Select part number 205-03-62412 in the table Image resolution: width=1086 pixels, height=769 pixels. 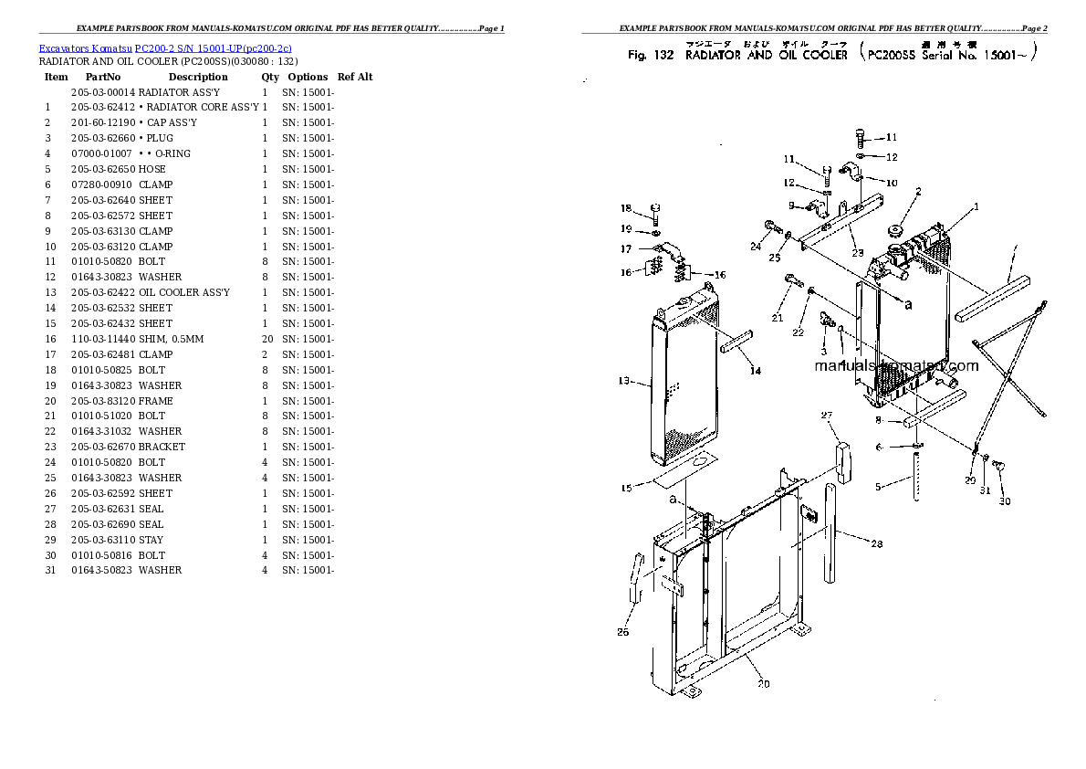point(102,108)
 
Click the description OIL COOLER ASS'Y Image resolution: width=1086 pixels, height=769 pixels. point(183,292)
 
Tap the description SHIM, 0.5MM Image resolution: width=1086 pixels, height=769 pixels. point(171,339)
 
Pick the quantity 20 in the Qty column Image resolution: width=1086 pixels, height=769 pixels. point(267,339)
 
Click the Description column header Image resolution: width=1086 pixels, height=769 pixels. point(197,78)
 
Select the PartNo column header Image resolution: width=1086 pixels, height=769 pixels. point(103,78)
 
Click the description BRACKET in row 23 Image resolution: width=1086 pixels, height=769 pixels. point(162,447)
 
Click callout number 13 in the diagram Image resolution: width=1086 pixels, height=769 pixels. point(624,381)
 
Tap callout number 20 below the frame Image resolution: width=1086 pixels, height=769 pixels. point(762,684)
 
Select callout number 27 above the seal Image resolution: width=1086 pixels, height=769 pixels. point(827,416)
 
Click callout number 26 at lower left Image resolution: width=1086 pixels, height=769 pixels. point(622,631)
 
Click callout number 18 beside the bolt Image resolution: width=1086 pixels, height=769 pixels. point(626,207)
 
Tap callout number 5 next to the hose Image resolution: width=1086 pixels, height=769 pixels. point(878,487)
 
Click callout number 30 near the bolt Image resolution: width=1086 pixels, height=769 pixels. point(1004,501)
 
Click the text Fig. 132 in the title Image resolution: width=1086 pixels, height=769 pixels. point(650,56)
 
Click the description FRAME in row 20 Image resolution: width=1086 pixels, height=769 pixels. point(155,401)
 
